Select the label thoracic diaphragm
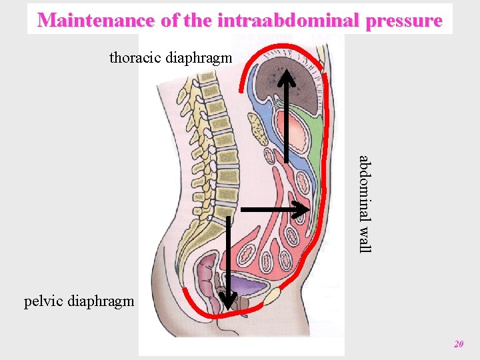pyautogui.click(x=171, y=57)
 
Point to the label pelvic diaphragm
pyautogui.click(x=79, y=301)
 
